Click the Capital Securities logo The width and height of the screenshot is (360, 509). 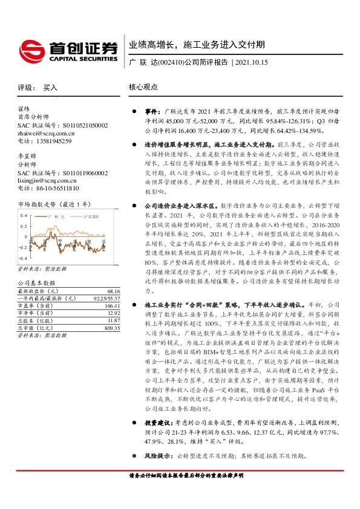67,48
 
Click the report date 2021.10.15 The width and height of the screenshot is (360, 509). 250,62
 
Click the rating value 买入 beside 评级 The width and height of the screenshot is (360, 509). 50,88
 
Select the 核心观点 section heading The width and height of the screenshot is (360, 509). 143,88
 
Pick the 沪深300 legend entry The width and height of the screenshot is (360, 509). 88,215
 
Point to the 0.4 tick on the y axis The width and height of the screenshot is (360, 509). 25,215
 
